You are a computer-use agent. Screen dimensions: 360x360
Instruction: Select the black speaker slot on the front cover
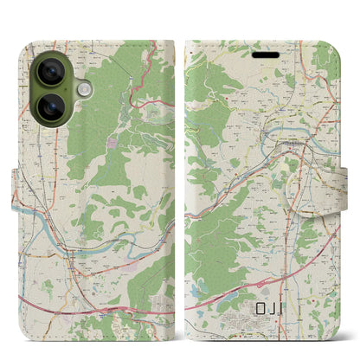265,52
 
